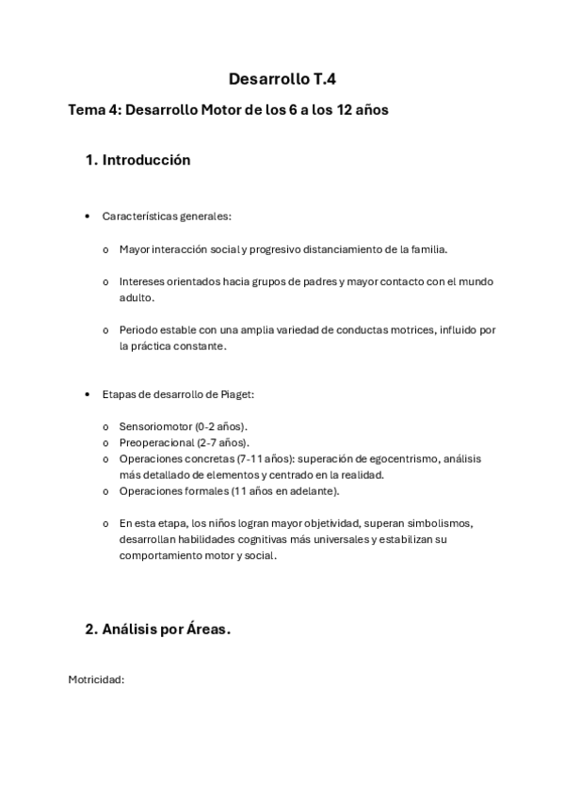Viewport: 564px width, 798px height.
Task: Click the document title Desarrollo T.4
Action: pyautogui.click(x=282, y=80)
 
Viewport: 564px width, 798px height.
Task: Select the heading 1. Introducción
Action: pyautogui.click(x=137, y=160)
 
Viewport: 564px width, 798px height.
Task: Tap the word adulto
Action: pyautogui.click(x=136, y=297)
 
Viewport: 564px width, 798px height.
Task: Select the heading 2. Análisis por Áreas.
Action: pyautogui.click(x=157, y=630)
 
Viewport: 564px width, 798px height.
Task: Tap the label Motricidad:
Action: pyautogui.click(x=96, y=678)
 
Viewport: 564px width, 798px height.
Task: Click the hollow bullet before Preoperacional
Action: pyautogui.click(x=105, y=442)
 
